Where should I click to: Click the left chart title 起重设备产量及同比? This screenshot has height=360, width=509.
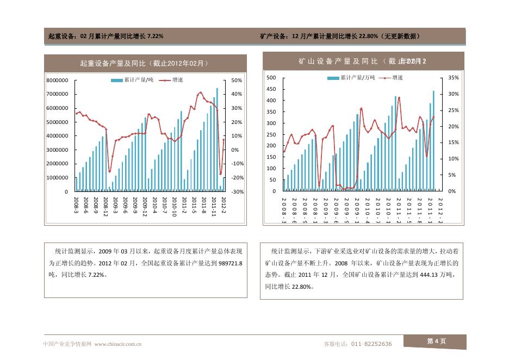coord(144,64)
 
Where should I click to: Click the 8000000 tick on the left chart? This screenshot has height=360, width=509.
coord(57,80)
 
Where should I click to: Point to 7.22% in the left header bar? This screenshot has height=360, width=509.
coord(153,36)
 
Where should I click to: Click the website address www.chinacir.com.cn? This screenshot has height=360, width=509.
coord(118,344)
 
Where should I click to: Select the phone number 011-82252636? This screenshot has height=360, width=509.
coord(371,344)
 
